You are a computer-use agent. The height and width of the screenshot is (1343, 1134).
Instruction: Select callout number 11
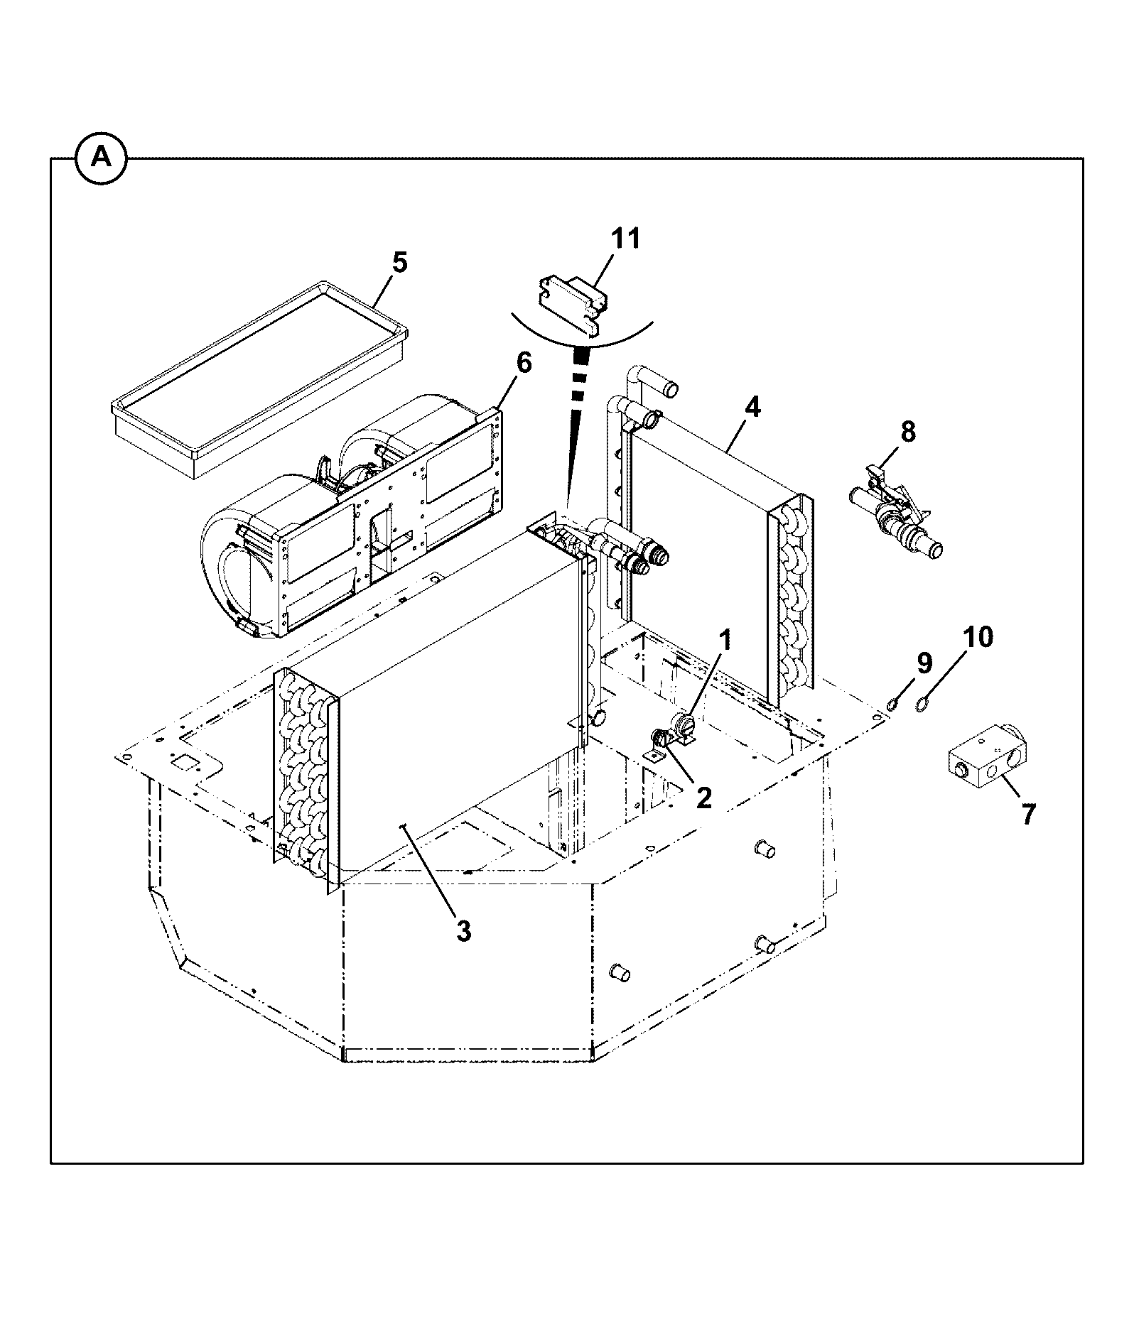point(626,239)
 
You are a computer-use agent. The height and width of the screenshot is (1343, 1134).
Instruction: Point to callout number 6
point(523,363)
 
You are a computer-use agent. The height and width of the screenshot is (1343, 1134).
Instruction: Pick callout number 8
point(908,432)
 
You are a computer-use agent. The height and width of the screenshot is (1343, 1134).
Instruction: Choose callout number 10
point(978,638)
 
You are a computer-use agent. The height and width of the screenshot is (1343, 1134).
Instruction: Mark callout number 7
point(1029,814)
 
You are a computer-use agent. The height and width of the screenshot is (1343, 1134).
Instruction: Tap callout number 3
point(463,930)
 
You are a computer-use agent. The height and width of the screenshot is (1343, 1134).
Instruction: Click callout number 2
point(703,798)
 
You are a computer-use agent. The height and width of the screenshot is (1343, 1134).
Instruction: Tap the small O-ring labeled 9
point(892,705)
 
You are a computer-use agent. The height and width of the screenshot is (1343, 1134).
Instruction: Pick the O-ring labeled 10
point(922,705)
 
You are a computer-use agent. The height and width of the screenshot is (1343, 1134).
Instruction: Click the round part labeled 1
point(683,728)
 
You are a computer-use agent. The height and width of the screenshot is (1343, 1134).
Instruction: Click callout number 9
point(923,663)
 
